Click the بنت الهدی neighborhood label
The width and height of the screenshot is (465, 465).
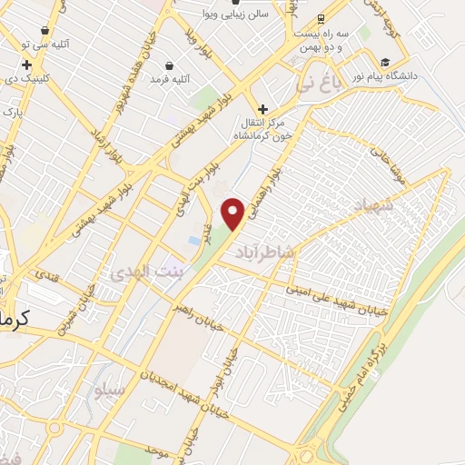139,271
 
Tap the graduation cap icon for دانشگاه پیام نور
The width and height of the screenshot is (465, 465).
386,64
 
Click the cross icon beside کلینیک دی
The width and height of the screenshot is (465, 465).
27,64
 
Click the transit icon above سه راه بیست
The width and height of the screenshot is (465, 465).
321,18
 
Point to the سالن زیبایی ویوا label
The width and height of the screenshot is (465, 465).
263,15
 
